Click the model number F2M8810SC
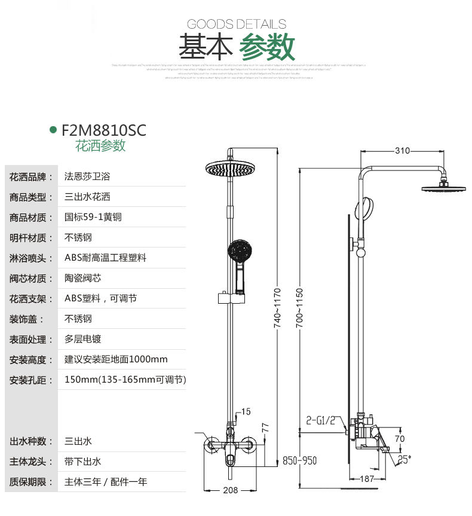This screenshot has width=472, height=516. tap(104, 130)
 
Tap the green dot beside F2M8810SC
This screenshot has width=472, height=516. tap(53, 130)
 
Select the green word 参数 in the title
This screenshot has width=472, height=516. tap(267, 47)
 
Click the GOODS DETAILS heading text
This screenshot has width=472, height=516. tap(237, 24)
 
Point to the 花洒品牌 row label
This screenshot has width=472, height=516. tap(28, 177)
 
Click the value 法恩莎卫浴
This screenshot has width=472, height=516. tap(87, 177)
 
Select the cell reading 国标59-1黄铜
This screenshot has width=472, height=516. tap(93, 217)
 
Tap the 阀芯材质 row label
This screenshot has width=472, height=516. tap(28, 278)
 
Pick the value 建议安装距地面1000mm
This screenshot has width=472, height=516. tap(116, 359)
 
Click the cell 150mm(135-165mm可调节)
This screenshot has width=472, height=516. tap(125, 380)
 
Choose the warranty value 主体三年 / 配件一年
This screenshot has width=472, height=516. tap(106, 481)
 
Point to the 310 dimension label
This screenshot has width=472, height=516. tap(403, 150)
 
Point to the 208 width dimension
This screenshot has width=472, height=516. tap(231, 490)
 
